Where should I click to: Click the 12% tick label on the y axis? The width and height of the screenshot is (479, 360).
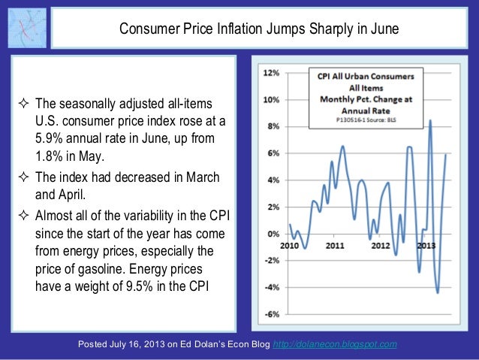click(x=271, y=73)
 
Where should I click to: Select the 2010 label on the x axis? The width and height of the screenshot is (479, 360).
click(x=289, y=245)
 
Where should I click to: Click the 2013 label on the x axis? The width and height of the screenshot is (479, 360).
click(x=427, y=245)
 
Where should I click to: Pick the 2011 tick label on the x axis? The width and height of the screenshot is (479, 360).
click(x=335, y=245)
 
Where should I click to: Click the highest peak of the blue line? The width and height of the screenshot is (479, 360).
click(x=430, y=120)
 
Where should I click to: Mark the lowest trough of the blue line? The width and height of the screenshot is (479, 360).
click(x=438, y=292)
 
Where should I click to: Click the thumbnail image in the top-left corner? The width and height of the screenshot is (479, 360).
click(x=28, y=28)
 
